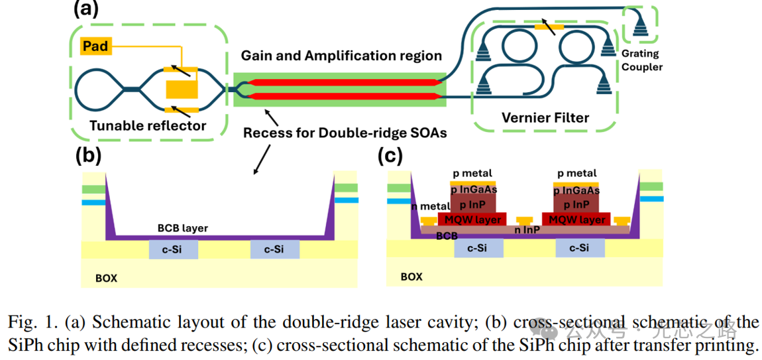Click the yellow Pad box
point(95,46)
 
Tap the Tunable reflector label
point(148,125)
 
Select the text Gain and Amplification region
point(341,56)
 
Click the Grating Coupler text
point(645,61)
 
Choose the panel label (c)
point(391,156)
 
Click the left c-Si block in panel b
point(174,249)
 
